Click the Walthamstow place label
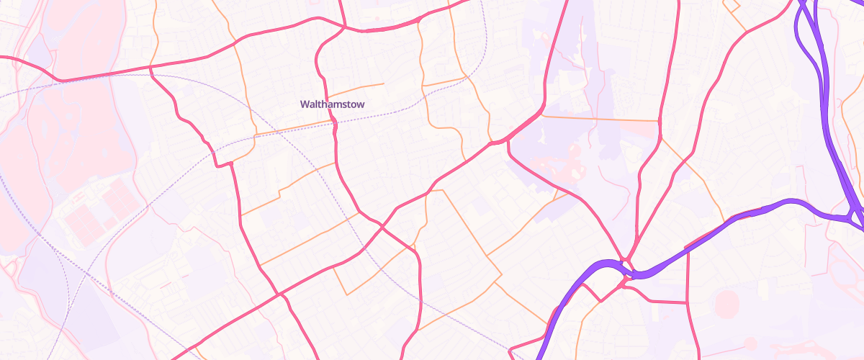pos(332,104)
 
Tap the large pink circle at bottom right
pos(727,303)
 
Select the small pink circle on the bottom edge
pos(750,343)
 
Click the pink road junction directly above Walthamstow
pos(344,28)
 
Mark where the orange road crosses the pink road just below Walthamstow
pos(336,123)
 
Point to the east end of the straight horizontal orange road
pos(660,120)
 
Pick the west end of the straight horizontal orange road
pos(541,115)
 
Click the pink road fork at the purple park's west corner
pos(508,141)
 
